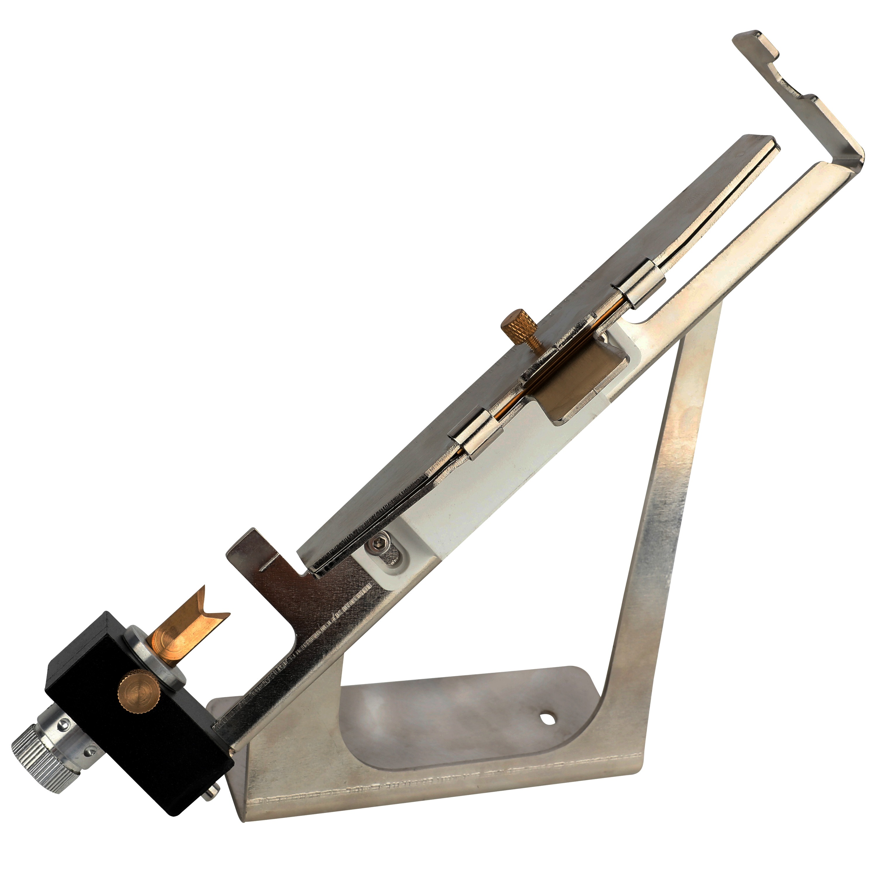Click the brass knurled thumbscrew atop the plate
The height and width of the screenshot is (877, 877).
click(x=518, y=320)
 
